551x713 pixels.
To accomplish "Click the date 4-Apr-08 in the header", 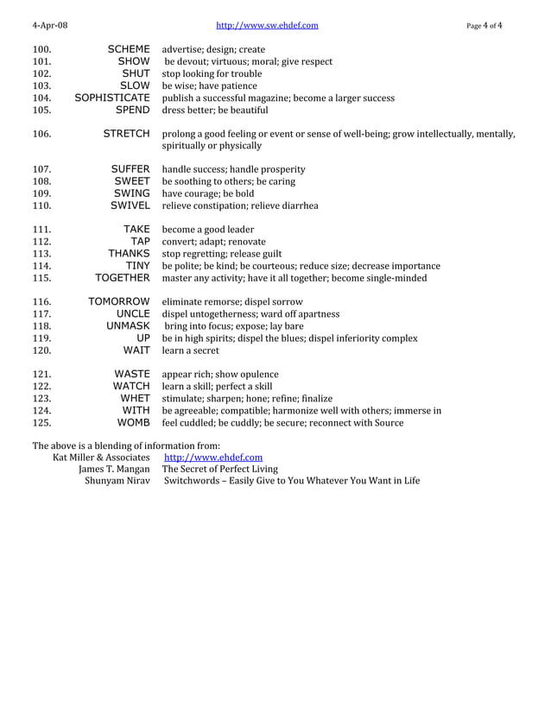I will tap(50, 26).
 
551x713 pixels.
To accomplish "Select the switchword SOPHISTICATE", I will tap(112, 98).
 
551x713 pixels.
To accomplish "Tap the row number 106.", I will tap(42, 134).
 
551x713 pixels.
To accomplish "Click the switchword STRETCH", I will tap(126, 134).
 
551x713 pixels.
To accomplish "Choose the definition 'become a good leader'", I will tap(208, 230).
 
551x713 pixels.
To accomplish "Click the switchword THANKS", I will tap(129, 254).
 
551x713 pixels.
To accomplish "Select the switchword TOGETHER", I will tap(122, 278).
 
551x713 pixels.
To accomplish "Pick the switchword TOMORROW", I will tap(119, 302).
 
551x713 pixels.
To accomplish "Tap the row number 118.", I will tap(42, 326).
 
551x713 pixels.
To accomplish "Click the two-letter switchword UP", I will tap(142, 338).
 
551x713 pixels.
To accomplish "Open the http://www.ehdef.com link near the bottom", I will tap(212, 457).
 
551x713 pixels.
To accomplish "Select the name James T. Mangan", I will tap(113, 469).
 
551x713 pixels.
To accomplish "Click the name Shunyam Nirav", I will tap(117, 481).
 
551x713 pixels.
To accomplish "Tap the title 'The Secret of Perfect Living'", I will tap(220, 469).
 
